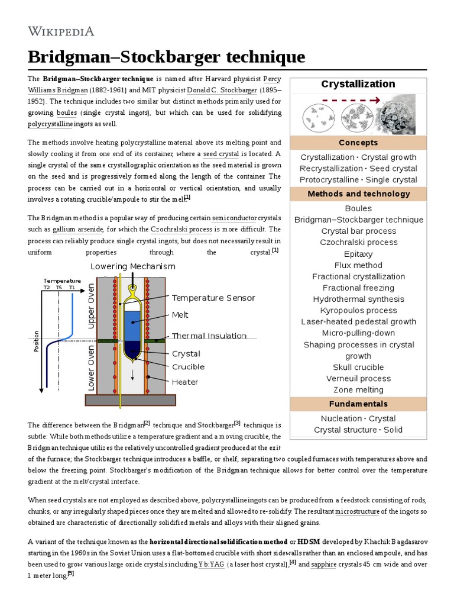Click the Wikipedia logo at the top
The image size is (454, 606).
61,31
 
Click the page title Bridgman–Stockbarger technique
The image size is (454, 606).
167,57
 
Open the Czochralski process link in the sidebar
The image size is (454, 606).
358,242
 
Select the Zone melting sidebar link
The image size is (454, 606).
358,389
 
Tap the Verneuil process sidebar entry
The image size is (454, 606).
358,378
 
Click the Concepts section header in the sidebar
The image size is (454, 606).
358,143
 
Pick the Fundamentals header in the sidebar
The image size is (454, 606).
358,404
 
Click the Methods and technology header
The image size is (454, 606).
358,194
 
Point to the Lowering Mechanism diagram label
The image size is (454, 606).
133,266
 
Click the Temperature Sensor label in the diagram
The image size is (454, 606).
213,298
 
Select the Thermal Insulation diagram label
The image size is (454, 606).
209,336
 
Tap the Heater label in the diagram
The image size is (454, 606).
184,382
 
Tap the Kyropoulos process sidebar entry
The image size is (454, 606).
358,310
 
